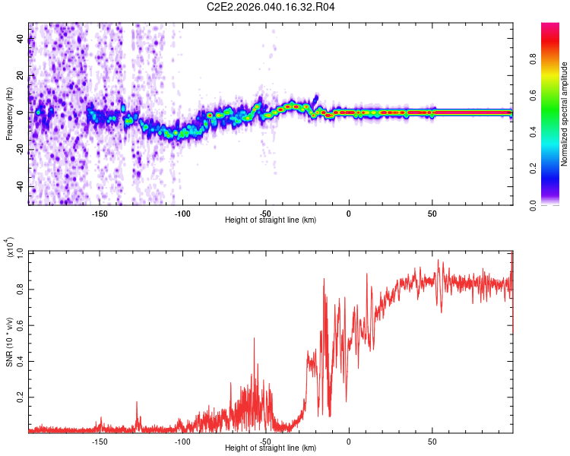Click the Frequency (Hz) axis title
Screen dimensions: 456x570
click(x=9, y=113)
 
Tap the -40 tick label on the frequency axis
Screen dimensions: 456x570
click(x=21, y=187)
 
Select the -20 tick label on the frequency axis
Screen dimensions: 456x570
click(x=21, y=150)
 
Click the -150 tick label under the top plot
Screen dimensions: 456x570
click(x=99, y=213)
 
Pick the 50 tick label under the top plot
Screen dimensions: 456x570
click(x=432, y=213)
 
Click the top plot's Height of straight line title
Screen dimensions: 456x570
click(x=271, y=220)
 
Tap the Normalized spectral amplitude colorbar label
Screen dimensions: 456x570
click(x=564, y=114)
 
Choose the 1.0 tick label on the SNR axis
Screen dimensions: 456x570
click(x=21, y=252)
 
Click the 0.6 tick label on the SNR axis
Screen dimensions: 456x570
click(x=21, y=325)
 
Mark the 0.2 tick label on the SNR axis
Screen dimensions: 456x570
click(x=21, y=397)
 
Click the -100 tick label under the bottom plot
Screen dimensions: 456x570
click(x=182, y=441)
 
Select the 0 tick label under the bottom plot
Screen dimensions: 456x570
click(x=349, y=441)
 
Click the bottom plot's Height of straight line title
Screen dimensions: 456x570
click(x=271, y=448)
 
